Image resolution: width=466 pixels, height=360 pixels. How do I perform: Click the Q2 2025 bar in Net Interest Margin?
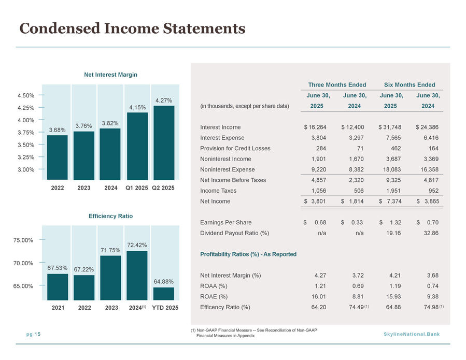click(x=164, y=142)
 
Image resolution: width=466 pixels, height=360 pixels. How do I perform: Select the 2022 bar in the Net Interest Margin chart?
click(x=58, y=157)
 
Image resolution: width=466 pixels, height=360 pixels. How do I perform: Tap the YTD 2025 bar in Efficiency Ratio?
click(x=164, y=294)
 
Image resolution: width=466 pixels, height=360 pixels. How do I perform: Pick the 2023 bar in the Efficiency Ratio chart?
click(x=110, y=278)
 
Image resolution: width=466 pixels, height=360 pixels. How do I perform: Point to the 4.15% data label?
click(x=137, y=107)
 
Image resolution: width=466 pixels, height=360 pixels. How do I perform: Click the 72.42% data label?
click(x=137, y=245)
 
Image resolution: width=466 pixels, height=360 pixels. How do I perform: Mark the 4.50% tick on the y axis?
click(x=26, y=95)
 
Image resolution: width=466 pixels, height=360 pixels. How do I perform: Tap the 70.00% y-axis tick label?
click(x=23, y=263)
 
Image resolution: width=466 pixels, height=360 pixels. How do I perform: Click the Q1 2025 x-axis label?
click(x=137, y=188)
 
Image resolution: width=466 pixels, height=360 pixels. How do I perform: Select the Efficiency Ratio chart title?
click(x=110, y=216)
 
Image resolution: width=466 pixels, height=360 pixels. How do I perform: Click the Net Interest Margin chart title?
click(x=110, y=75)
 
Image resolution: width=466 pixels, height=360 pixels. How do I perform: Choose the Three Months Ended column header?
click(x=337, y=84)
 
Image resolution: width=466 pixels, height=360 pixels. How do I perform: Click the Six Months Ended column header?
click(x=409, y=84)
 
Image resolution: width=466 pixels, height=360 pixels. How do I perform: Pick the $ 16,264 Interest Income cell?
click(x=315, y=127)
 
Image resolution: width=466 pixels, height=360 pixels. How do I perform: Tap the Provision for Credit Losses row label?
click(x=235, y=148)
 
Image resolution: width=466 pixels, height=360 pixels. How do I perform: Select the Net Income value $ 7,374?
click(x=390, y=201)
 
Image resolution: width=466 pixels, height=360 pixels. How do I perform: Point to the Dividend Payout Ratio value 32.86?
click(x=431, y=233)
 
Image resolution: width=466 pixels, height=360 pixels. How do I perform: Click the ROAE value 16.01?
click(x=319, y=296)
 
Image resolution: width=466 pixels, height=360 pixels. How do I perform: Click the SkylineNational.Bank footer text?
click(x=412, y=334)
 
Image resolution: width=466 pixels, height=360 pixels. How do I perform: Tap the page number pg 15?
click(x=33, y=334)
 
